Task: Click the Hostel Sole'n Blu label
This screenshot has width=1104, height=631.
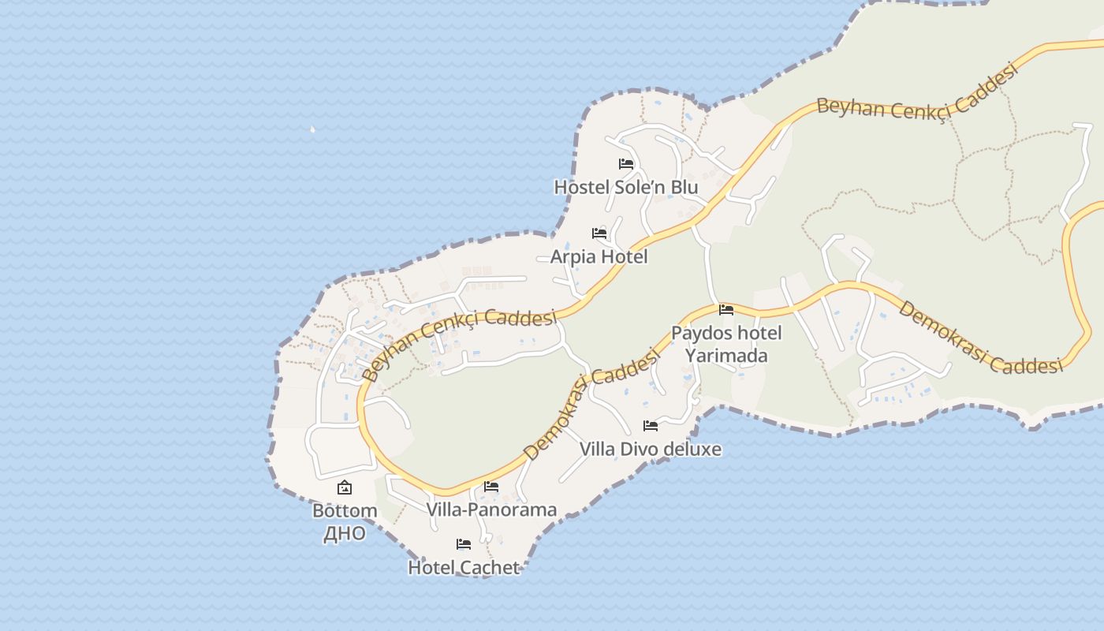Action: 625,187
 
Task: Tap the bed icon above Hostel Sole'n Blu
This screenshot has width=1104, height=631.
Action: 626,164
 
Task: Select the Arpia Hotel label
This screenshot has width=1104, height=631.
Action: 599,256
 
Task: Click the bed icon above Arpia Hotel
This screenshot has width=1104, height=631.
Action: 599,233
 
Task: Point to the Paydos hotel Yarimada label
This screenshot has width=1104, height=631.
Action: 726,344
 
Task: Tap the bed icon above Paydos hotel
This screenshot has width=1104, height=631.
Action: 726,309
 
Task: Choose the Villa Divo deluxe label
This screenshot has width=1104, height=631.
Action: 651,449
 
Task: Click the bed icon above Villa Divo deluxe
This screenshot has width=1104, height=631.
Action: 651,426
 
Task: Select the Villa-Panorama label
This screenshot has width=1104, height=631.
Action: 491,510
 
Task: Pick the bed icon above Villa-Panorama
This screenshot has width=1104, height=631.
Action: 491,487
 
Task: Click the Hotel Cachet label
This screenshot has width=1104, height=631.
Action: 464,567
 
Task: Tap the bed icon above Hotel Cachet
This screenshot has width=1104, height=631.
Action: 464,544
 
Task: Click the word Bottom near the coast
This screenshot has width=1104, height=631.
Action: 345,510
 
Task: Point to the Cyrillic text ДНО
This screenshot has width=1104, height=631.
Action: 345,533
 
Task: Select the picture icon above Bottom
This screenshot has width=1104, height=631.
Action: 345,487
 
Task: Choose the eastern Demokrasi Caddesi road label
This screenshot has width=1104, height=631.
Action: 979,337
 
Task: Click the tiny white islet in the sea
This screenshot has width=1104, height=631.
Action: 312,129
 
